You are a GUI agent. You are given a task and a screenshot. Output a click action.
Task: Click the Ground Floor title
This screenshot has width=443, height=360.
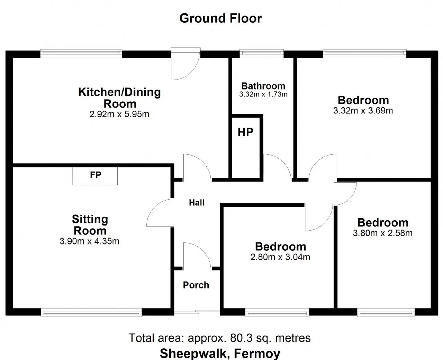coord(220,18)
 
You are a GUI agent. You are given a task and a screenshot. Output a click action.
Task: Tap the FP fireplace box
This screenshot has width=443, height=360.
coord(95,176)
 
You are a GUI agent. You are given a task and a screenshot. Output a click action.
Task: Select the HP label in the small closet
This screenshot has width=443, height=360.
coord(246,132)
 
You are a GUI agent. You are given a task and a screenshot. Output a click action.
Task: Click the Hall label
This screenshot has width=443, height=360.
coord(197,202)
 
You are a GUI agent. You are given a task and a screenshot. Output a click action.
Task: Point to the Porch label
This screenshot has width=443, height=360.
coord(196,285)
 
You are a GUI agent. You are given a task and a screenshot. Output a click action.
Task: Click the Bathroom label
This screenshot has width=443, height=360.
coord(263,86)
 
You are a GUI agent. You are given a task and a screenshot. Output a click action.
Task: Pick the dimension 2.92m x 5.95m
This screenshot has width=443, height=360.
coord(119,114)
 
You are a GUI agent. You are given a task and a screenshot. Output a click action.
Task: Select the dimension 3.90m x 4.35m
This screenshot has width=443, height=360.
coord(89,241)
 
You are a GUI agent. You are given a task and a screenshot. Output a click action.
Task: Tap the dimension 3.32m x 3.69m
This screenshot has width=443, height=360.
coord(363,110)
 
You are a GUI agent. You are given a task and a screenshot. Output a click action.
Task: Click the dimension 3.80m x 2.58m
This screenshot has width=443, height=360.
coord(383,233)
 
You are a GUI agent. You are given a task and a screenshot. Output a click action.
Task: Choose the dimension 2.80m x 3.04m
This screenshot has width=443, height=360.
coord(280,257)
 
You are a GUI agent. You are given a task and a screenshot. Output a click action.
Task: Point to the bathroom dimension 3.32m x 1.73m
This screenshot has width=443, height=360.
coord(263,94)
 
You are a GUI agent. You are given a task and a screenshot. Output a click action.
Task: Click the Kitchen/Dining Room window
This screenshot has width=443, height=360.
coord(81,54)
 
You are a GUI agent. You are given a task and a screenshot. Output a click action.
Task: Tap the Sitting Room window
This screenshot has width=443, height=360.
coord(91,312)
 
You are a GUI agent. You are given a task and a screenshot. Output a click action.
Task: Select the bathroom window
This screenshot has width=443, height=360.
coord(262,54)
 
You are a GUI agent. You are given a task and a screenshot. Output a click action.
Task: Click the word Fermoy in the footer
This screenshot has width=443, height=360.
coord(257,354)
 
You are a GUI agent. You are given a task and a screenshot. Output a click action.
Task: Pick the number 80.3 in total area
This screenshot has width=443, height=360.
coord(241,338)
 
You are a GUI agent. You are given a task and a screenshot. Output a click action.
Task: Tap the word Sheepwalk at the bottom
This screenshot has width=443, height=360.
coord(193,354)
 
